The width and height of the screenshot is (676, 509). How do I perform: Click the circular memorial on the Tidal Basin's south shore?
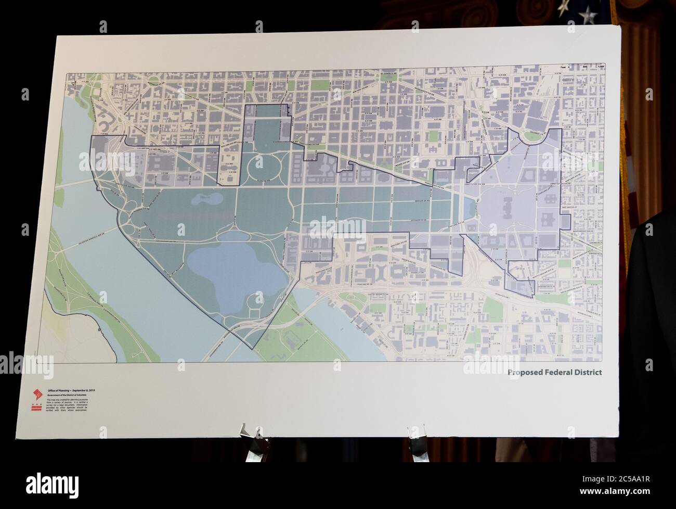pos(254,300)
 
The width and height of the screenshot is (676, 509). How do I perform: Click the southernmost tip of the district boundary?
pos(253,348)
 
